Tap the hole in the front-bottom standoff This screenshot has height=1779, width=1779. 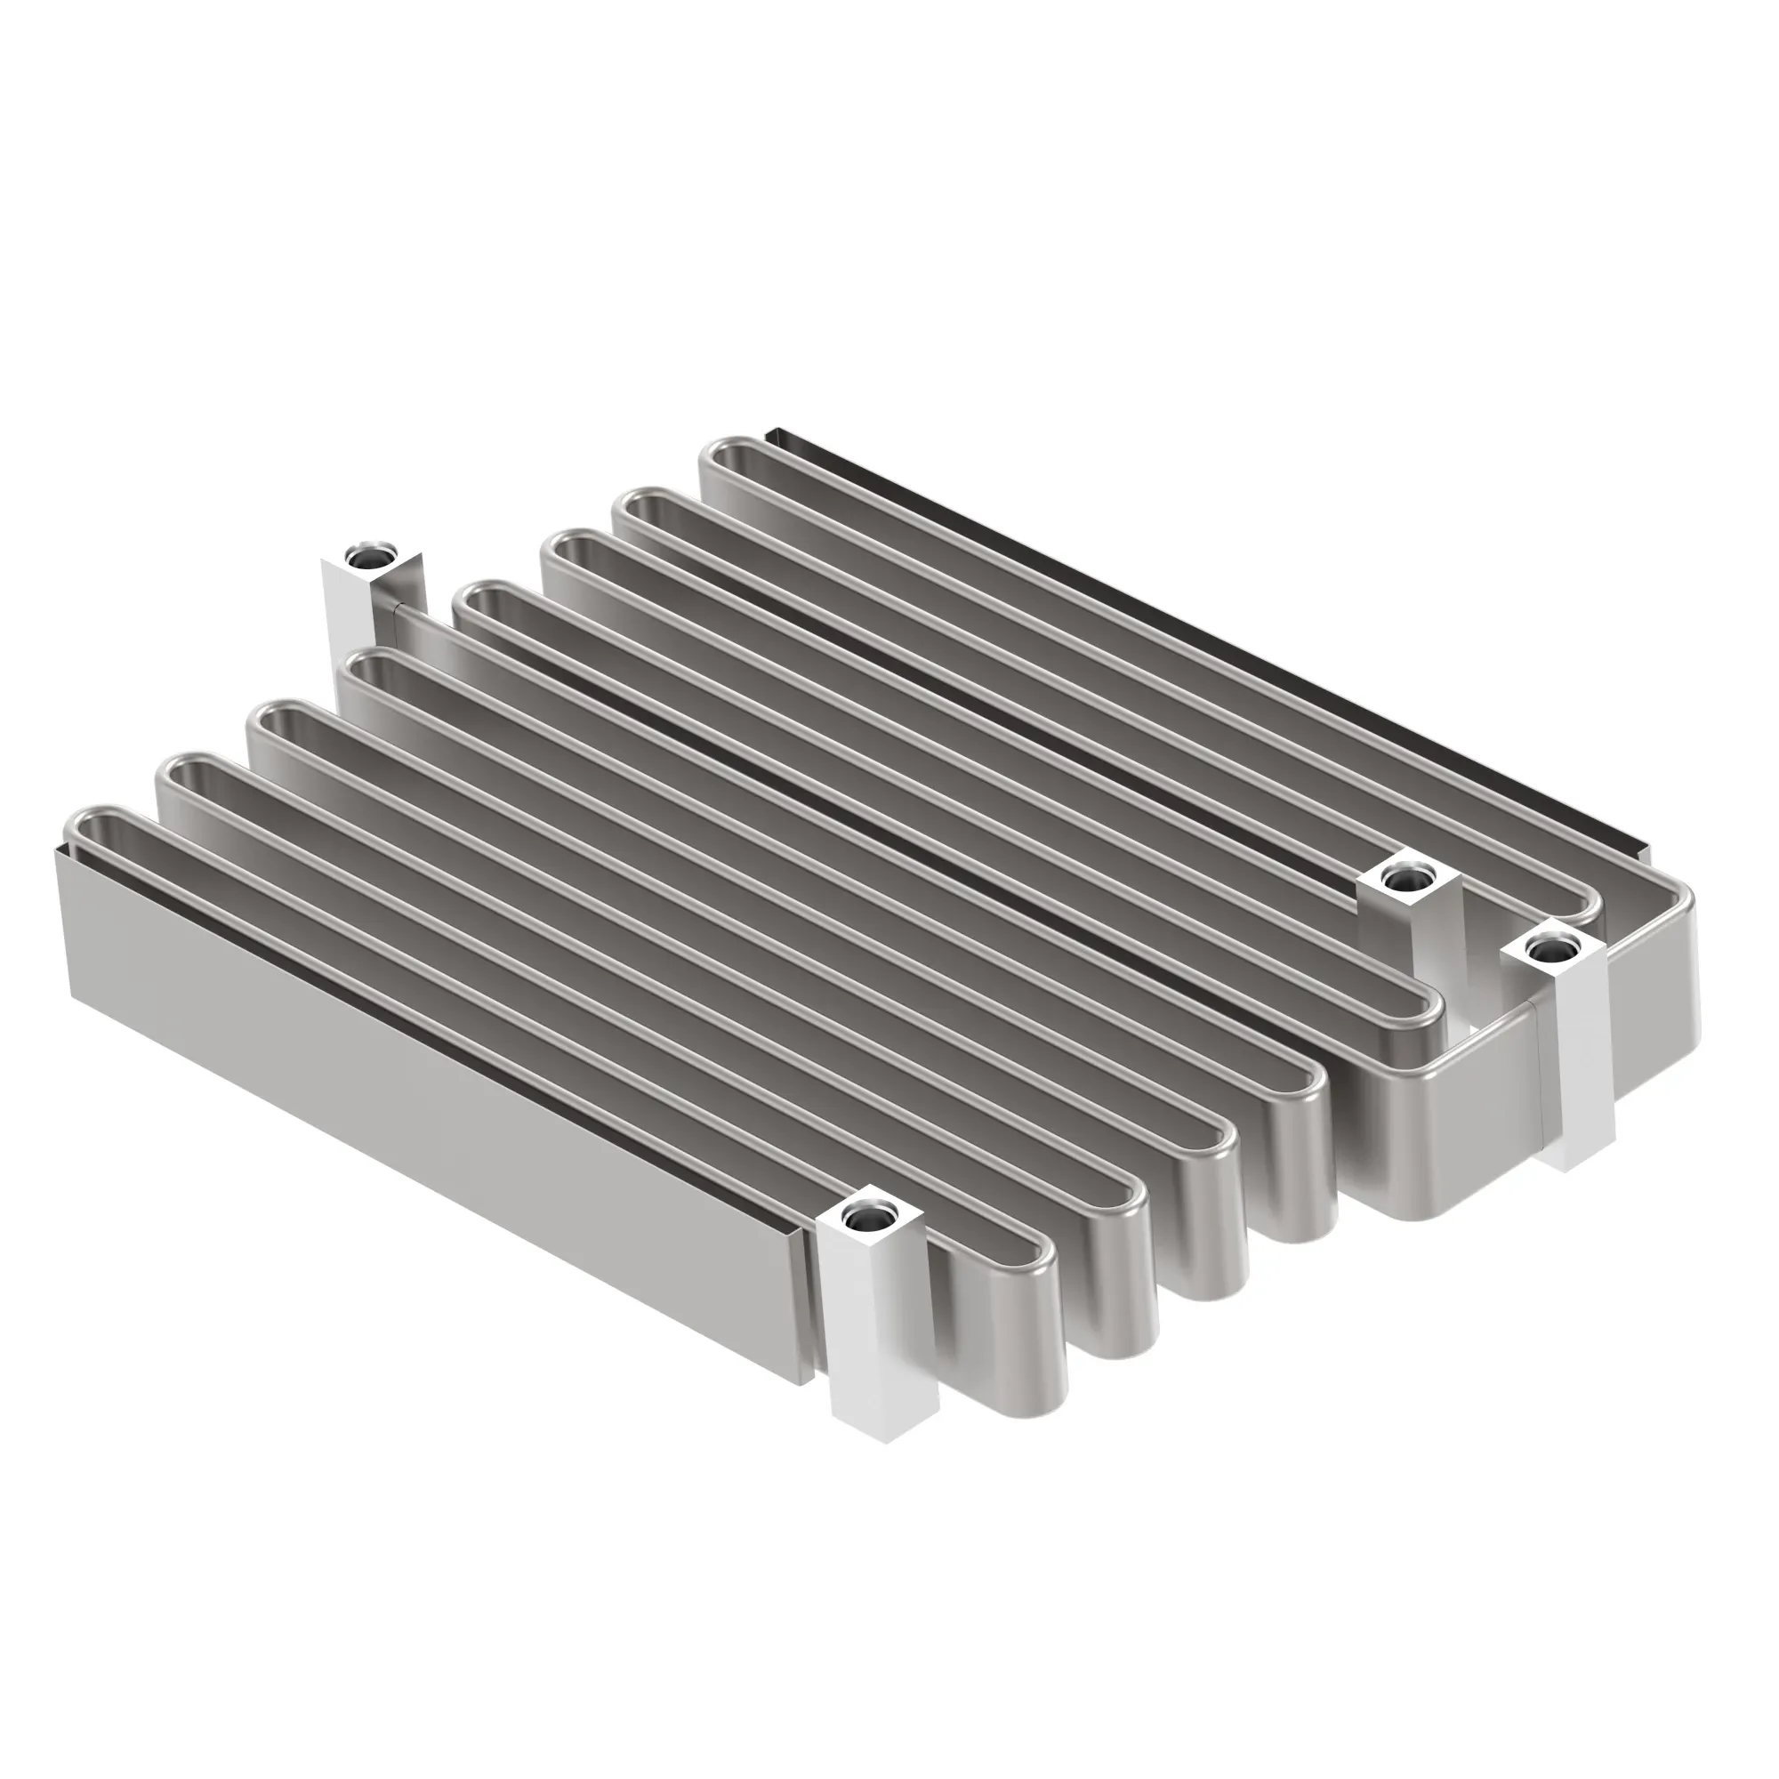pyautogui.click(x=865, y=1221)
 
